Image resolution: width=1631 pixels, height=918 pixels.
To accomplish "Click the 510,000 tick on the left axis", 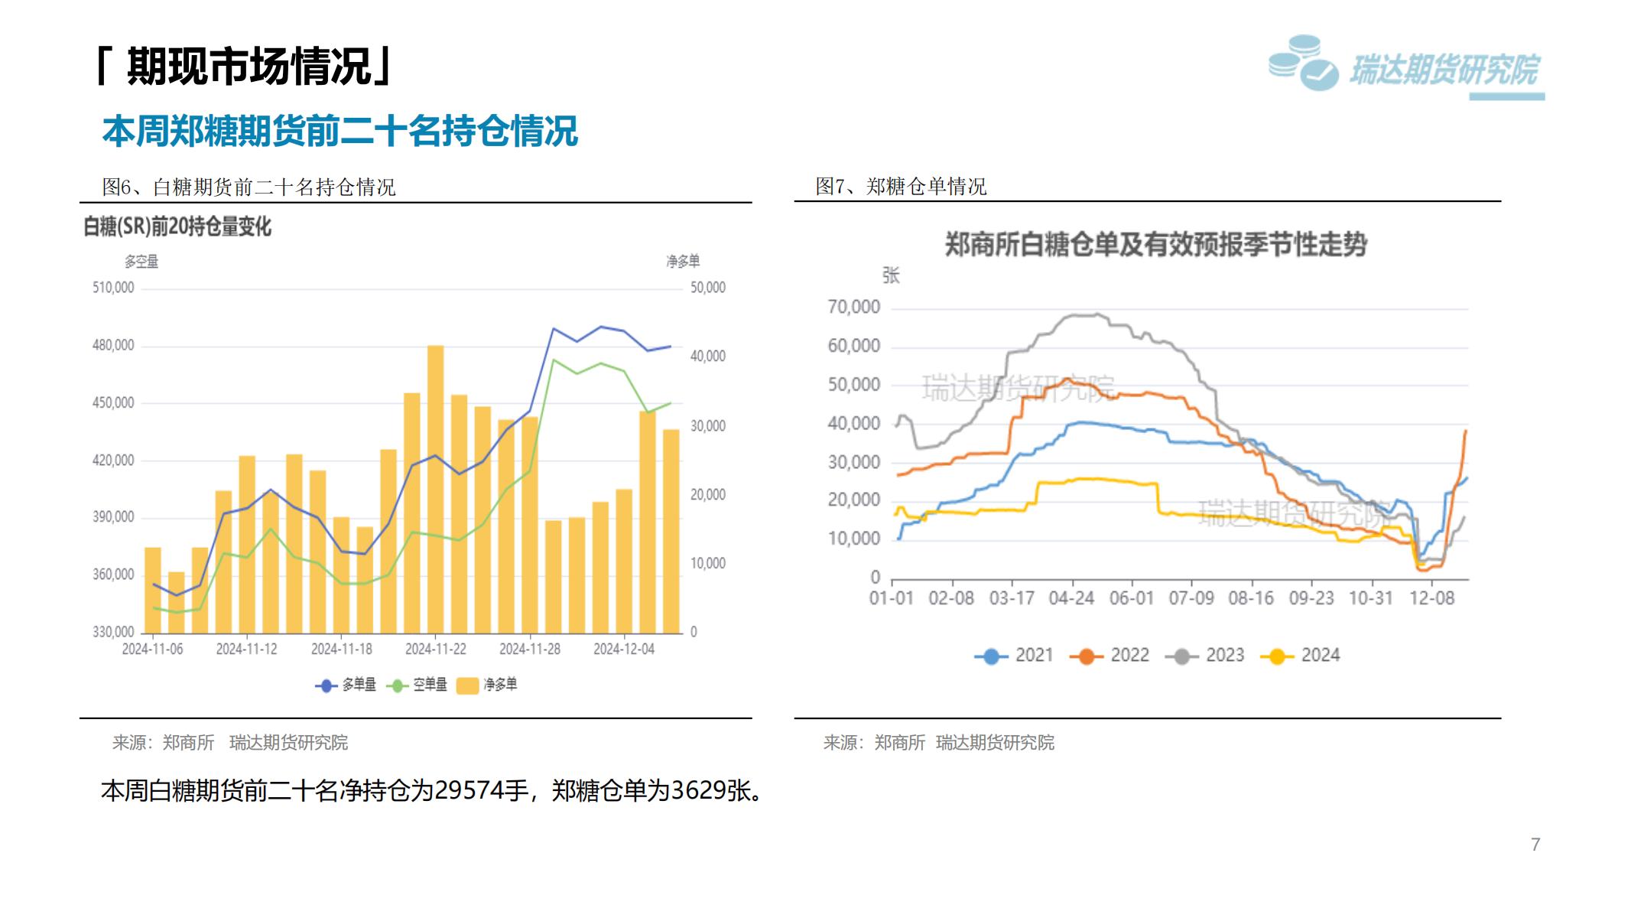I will pyautogui.click(x=113, y=288).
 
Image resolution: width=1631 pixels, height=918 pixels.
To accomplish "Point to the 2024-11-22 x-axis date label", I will pyautogui.click(x=435, y=649).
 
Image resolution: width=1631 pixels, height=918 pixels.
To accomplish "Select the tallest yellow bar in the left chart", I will pyautogui.click(x=435, y=489).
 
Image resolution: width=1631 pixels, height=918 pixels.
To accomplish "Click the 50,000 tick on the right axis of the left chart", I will pyautogui.click(x=707, y=288).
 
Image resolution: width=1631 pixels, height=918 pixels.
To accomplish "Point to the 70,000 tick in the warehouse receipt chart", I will pyautogui.click(x=853, y=307).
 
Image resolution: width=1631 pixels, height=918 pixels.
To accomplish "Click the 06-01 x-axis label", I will pyautogui.click(x=1131, y=597).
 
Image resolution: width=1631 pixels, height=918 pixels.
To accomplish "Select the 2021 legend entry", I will pyautogui.click(x=1014, y=656).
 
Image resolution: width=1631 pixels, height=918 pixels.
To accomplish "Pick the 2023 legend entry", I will pyautogui.click(x=1205, y=656).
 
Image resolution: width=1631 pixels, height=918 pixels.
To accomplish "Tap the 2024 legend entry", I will pyautogui.click(x=1301, y=656).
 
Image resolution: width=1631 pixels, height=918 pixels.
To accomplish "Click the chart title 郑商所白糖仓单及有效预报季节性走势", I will pyautogui.click(x=1155, y=245).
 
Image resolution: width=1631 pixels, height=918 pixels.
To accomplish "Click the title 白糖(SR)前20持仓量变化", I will pyautogui.click(x=177, y=226).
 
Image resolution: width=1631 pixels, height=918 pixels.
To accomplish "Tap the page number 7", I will pyautogui.click(x=1535, y=845).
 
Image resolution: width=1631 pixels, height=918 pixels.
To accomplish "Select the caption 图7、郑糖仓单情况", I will pyautogui.click(x=901, y=186).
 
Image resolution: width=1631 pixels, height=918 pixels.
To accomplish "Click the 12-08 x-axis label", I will pyautogui.click(x=1431, y=597).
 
